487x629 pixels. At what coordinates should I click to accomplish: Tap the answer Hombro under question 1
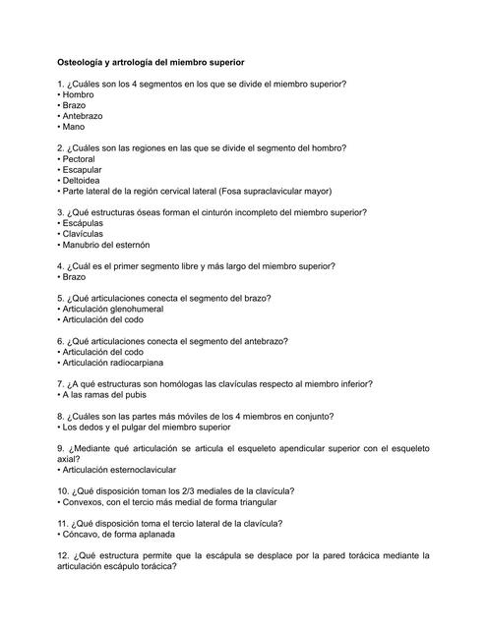pos(78,95)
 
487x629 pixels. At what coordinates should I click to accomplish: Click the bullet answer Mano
pos(75,128)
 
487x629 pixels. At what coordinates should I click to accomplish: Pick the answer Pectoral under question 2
pos(80,159)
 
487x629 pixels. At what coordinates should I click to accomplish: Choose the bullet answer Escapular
pos(83,170)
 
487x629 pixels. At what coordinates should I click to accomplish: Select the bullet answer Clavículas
pos(85,235)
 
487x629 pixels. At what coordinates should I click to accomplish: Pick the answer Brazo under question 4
pos(75,277)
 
